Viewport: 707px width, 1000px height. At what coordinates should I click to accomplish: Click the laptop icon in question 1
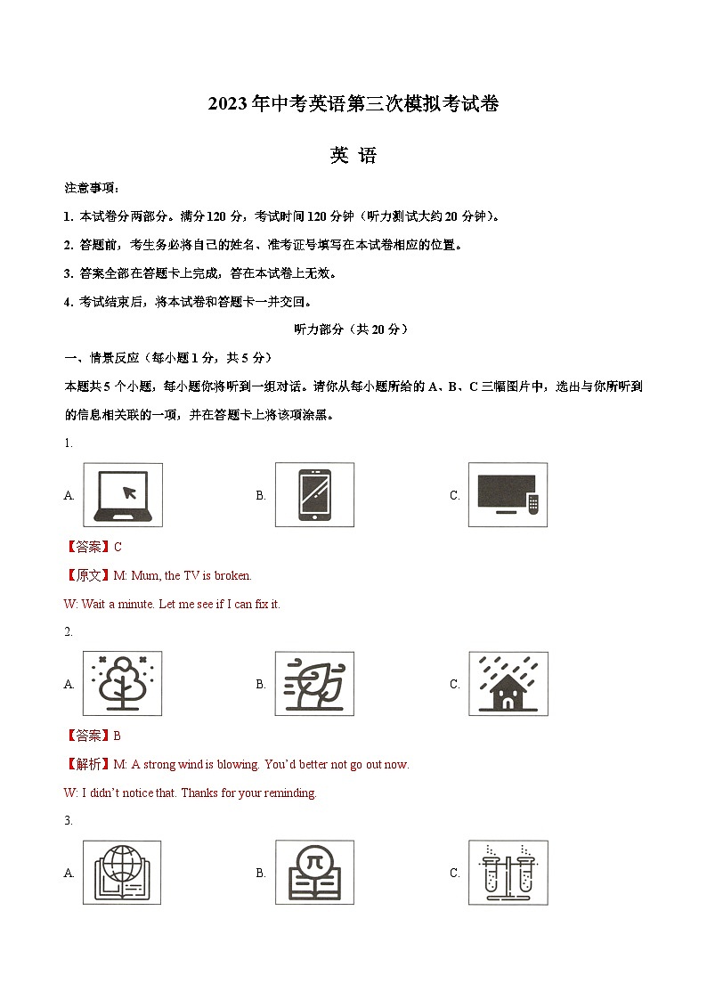(123, 495)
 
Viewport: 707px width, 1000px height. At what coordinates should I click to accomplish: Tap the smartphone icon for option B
(314, 495)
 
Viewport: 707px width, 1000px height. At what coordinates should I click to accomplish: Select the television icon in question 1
(508, 495)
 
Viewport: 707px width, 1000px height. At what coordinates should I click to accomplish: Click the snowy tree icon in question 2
(123, 684)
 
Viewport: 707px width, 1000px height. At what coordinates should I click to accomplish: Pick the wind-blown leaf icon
(314, 684)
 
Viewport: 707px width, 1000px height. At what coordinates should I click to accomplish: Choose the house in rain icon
(508, 684)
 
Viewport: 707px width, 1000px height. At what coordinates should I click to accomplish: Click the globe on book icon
(123, 873)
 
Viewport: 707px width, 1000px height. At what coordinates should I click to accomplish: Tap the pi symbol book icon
(314, 873)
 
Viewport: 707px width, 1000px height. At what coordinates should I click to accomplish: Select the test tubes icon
(508, 873)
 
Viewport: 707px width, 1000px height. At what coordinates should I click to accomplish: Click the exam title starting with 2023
(353, 104)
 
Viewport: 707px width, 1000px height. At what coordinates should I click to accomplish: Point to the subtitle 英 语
(353, 156)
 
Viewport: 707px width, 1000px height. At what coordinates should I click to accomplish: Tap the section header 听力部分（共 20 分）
(353, 329)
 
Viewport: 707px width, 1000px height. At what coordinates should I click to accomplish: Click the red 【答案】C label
(93, 548)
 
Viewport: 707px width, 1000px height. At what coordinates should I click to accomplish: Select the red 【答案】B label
(93, 736)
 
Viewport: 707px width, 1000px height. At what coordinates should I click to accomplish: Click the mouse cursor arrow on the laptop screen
(129, 491)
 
